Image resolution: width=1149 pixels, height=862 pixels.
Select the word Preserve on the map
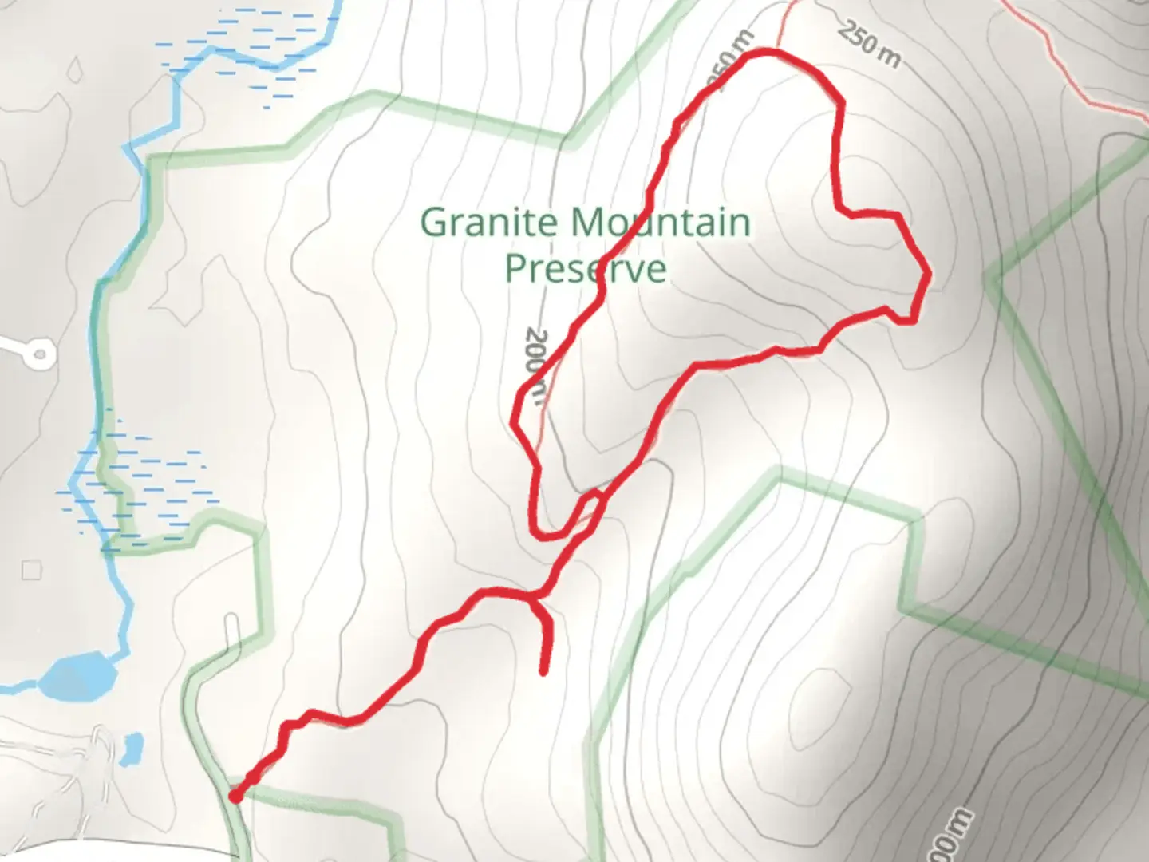point(586,268)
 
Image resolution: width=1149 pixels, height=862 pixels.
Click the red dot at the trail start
point(235,796)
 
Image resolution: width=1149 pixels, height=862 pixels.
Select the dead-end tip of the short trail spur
point(544,673)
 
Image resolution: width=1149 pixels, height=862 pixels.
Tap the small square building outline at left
point(32,570)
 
